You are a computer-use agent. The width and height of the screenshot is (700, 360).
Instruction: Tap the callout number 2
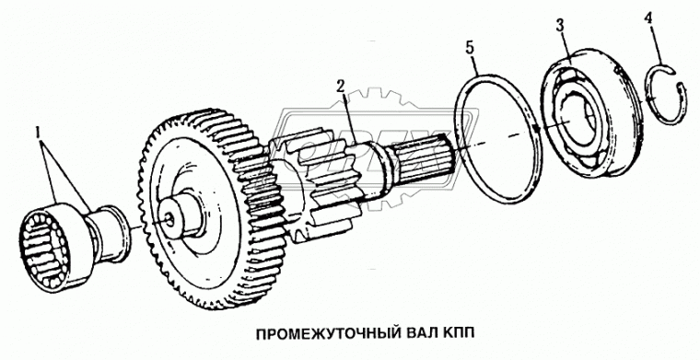[x=341, y=86]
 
